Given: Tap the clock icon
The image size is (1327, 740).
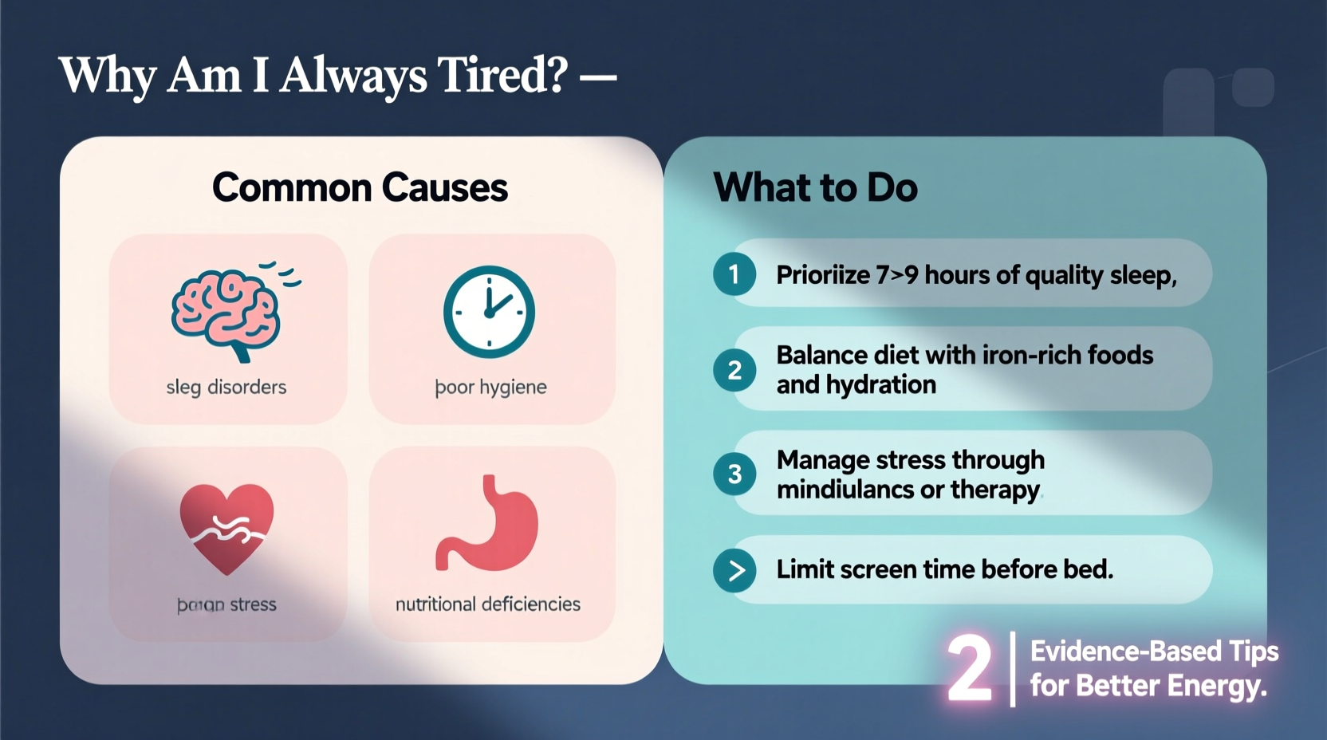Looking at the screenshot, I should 489,312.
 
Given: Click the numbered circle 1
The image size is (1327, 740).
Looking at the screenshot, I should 734,274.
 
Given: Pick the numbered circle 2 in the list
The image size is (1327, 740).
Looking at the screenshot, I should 734,370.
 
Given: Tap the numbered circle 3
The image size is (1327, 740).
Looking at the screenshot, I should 734,474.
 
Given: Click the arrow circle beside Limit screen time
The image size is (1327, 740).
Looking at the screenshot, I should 734,570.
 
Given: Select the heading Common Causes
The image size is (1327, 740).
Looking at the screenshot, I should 360,188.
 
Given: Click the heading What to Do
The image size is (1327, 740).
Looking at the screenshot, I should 815,188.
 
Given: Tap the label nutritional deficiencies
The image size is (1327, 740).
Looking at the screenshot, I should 488,604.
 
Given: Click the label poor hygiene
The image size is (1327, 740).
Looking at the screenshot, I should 490,388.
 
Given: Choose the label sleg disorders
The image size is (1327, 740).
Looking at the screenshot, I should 226,388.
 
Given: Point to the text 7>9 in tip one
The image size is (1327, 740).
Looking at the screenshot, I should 897,275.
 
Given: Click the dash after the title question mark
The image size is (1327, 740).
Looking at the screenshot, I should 598,77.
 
